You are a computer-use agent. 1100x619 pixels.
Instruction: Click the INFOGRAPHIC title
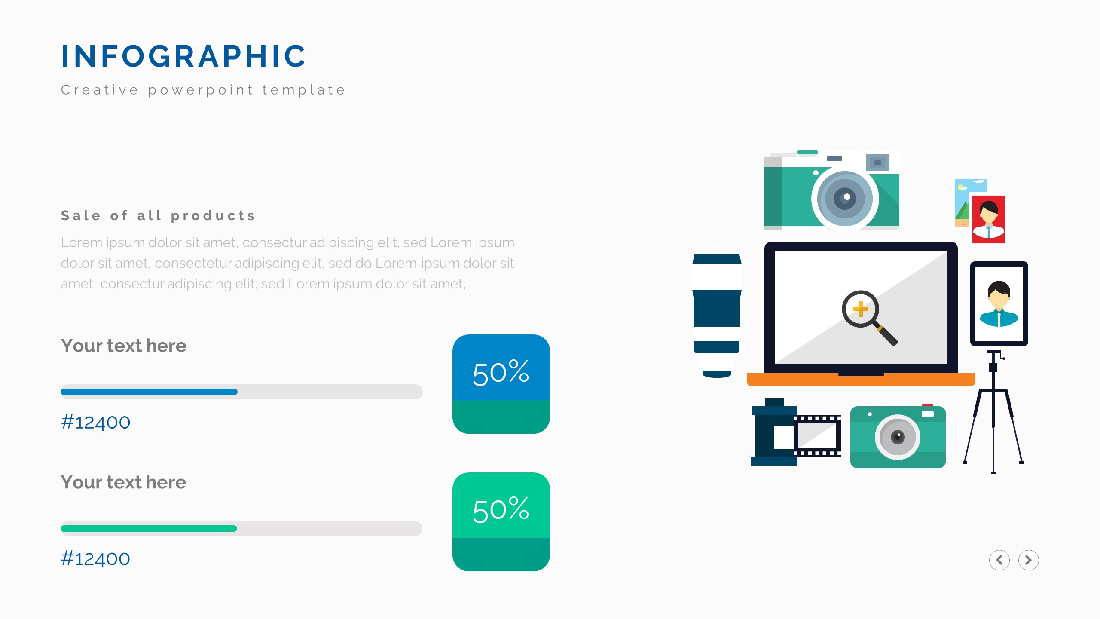[183, 56]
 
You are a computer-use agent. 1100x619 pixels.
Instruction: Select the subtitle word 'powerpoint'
[201, 90]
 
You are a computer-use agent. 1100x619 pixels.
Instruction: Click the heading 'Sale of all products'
[158, 215]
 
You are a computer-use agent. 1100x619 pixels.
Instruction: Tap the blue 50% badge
[501, 384]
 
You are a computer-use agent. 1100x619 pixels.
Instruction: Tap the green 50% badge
[501, 522]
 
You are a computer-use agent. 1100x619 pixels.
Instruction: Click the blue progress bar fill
[149, 392]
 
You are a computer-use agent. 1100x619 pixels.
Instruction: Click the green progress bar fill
[149, 528]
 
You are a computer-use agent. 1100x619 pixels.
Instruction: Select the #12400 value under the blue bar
[95, 422]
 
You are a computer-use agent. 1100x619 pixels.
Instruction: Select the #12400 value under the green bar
[95, 559]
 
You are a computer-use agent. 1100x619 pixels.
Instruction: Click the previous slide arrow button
[999, 560]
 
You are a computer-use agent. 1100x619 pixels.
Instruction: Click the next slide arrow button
[1029, 560]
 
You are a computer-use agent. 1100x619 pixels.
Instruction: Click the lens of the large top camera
[845, 199]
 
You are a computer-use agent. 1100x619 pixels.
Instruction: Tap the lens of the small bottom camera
[898, 437]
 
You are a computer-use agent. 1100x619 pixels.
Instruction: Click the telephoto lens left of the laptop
[717, 313]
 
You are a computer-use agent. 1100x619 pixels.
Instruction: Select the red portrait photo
[988, 219]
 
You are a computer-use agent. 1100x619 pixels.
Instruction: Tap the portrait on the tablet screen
[999, 303]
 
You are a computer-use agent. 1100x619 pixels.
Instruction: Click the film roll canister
[774, 432]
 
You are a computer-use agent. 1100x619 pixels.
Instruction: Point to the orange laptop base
[861, 380]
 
